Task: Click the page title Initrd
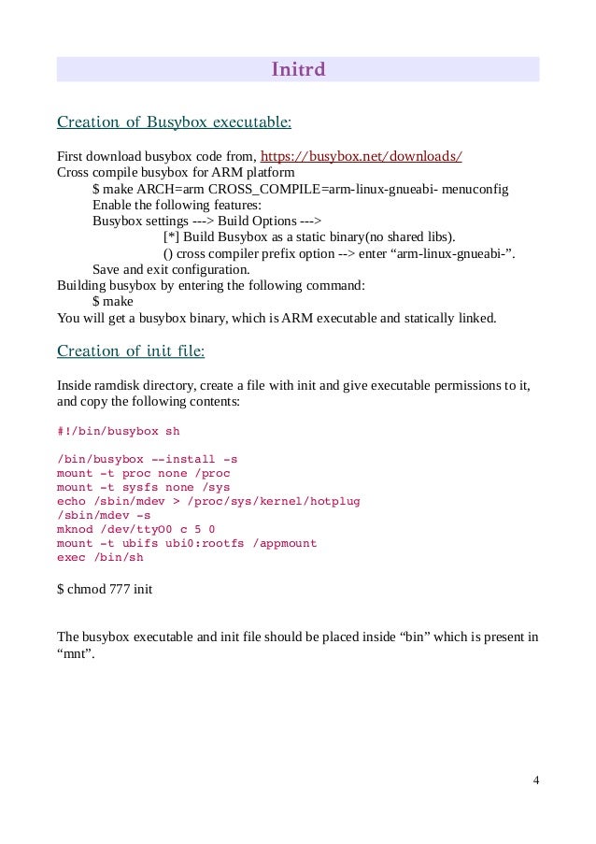(298, 70)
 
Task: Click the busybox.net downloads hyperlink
(361, 155)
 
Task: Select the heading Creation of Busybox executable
(174, 122)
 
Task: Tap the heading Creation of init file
(131, 351)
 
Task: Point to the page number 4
(535, 780)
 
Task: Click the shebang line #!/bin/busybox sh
(118, 432)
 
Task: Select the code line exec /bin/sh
(101, 557)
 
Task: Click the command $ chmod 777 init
(105, 590)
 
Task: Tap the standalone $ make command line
(113, 302)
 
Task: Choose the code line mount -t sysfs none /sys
(143, 487)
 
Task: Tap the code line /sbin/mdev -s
(103, 515)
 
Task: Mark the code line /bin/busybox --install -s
(147, 460)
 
